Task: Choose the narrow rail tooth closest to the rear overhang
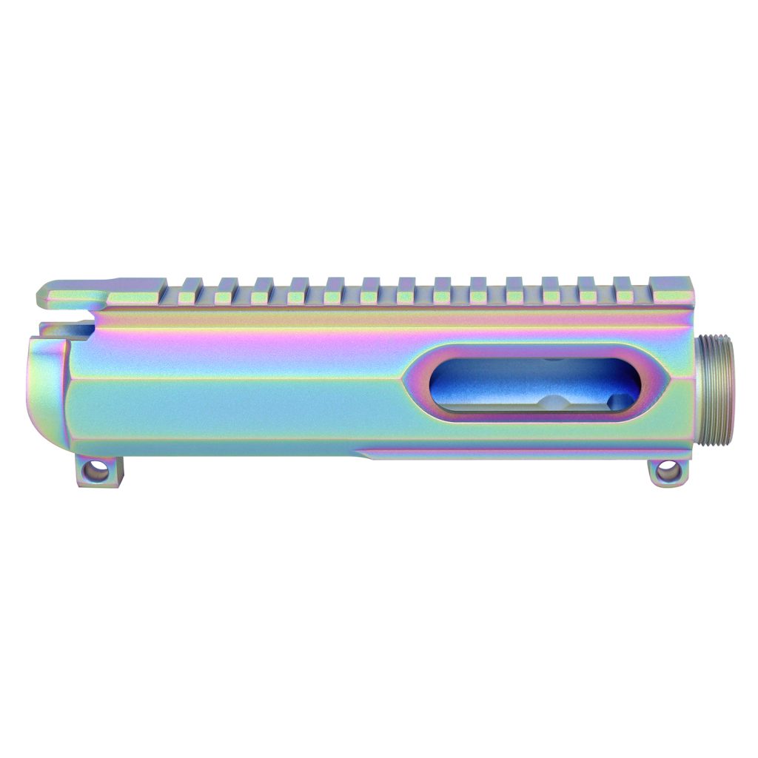click(x=191, y=291)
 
